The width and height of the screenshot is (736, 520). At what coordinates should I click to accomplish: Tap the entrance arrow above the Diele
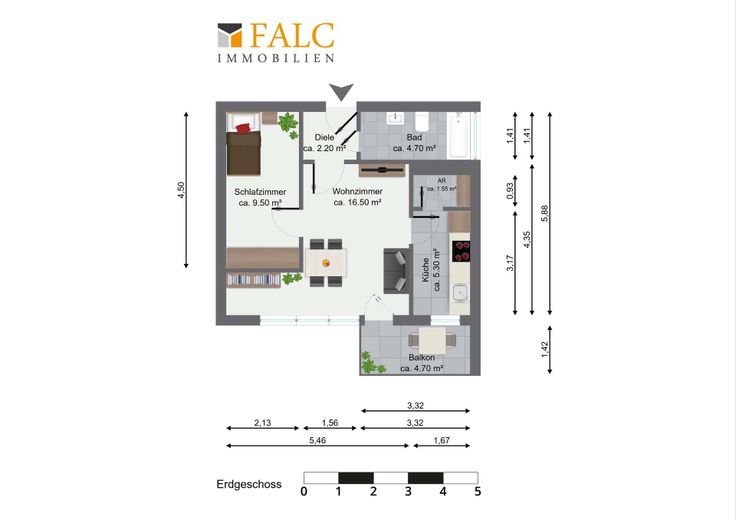tap(341, 92)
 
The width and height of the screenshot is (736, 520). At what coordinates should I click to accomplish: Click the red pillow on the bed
tap(243, 128)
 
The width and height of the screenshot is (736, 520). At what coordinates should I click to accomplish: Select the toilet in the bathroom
tap(422, 122)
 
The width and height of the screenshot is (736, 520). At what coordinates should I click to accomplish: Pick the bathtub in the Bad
tap(459, 136)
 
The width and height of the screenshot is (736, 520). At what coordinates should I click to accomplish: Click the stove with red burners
tap(460, 251)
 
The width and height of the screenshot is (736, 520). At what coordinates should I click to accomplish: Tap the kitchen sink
tap(460, 293)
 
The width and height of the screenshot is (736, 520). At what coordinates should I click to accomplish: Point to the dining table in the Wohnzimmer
tap(326, 263)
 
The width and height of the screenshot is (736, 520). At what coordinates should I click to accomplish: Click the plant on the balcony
tap(370, 363)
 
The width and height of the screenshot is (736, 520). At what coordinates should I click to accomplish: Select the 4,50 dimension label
tap(181, 190)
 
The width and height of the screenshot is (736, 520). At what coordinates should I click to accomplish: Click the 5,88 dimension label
tap(544, 213)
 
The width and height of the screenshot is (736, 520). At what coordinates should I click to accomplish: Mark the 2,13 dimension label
tap(262, 423)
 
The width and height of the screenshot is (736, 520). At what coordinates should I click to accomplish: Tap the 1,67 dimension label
tap(442, 440)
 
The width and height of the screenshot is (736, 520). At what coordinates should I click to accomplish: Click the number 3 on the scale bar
tap(408, 491)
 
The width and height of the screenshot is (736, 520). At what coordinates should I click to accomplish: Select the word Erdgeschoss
tap(249, 484)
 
